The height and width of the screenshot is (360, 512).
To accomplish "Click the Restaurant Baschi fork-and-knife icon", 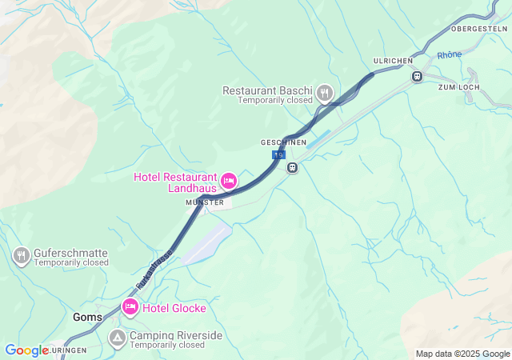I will (x=324, y=92).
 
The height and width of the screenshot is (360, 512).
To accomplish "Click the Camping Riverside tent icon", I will (x=118, y=338).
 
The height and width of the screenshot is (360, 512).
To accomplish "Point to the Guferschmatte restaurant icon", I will (x=22, y=256).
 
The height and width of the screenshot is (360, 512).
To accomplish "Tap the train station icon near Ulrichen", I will (x=416, y=76).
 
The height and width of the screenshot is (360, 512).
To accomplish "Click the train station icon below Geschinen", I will (x=293, y=167).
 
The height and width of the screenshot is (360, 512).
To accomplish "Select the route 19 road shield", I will (x=278, y=154).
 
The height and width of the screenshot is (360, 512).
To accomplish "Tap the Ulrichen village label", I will (x=392, y=62).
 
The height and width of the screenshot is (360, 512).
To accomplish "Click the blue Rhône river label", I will (x=450, y=55).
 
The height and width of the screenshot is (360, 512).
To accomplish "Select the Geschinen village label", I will (x=283, y=142).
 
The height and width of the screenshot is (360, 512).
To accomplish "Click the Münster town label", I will (x=205, y=203).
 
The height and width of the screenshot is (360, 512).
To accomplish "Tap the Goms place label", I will (x=87, y=317).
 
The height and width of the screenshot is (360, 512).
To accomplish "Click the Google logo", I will (x=26, y=350).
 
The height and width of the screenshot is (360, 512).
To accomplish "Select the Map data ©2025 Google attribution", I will (x=462, y=354).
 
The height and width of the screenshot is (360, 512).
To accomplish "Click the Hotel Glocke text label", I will (x=175, y=308).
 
